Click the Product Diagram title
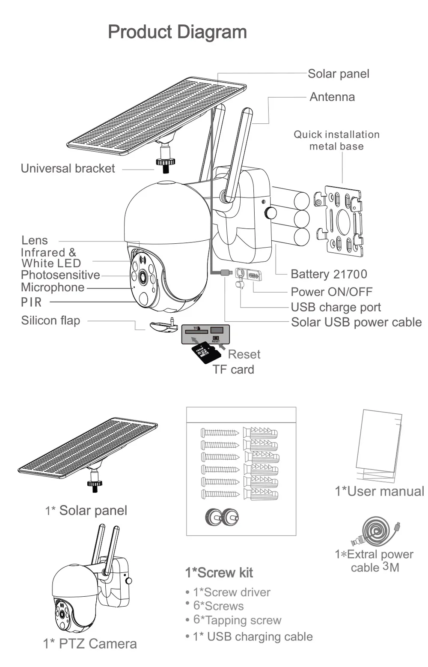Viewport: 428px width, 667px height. tap(177, 32)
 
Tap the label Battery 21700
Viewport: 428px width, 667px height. tap(329, 274)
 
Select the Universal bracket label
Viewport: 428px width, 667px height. tap(68, 168)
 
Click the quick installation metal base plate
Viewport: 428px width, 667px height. tap(339, 221)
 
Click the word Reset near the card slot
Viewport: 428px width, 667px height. tap(244, 354)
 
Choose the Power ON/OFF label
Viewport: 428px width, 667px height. tap(331, 292)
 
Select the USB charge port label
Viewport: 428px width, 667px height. tap(336, 307)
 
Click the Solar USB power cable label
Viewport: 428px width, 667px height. tap(356, 322)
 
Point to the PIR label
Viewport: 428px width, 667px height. tap(32, 302)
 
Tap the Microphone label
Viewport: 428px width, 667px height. tap(53, 287)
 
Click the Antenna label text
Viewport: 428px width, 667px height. tap(332, 97)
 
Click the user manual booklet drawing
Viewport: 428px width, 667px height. tap(379, 446)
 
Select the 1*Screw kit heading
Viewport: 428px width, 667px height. tap(219, 573)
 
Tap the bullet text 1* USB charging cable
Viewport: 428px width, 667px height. tap(253, 637)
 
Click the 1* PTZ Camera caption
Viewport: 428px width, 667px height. tap(90, 643)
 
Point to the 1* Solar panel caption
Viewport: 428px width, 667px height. tap(86, 510)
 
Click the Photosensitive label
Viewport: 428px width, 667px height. tap(60, 275)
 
